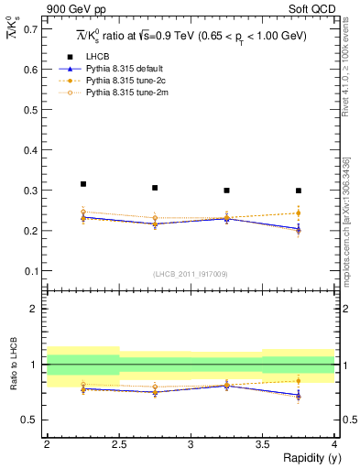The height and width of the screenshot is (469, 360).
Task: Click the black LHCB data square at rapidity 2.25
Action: coord(83,184)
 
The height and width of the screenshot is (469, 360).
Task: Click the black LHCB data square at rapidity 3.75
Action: coord(299,191)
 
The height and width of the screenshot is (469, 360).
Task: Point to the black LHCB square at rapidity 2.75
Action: coord(155,188)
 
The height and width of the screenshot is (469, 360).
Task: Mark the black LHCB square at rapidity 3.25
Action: coord(226,191)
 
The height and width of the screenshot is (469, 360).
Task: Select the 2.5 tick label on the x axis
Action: coord(119,444)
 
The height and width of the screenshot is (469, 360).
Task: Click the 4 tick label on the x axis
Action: coord(334,444)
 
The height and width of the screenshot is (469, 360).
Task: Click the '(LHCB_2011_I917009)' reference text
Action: coord(191,274)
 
